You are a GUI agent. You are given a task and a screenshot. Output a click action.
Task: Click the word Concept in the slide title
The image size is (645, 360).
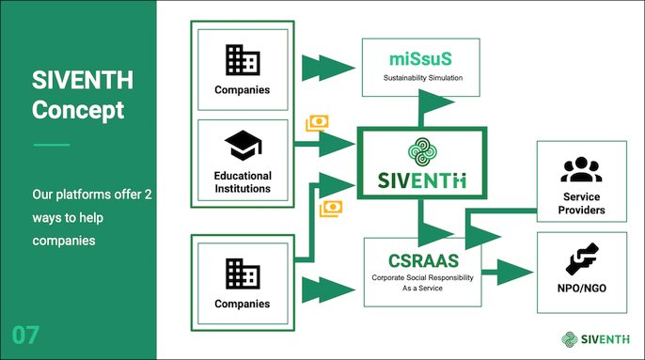click(x=77, y=110)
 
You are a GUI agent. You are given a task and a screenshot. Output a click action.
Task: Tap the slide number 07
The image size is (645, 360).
click(x=26, y=335)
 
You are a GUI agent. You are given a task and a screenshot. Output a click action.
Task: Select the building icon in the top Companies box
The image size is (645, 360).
click(x=242, y=61)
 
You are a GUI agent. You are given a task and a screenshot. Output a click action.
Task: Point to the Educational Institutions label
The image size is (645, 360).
click(x=242, y=181)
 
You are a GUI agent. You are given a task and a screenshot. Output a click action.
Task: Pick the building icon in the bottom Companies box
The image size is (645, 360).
click(x=242, y=274)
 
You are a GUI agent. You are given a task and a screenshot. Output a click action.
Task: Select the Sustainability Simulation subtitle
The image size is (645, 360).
click(x=420, y=78)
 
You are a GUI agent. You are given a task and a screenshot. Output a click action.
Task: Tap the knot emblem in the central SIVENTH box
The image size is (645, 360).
click(x=421, y=152)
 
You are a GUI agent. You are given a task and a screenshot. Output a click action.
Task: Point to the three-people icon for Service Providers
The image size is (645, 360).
click(x=580, y=170)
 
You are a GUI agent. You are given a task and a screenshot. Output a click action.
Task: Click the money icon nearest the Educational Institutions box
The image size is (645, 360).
click(x=317, y=124)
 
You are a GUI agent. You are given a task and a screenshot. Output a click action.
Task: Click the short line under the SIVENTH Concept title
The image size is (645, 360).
click(x=52, y=145)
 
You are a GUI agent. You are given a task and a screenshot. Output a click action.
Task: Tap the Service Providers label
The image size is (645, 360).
click(x=580, y=202)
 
